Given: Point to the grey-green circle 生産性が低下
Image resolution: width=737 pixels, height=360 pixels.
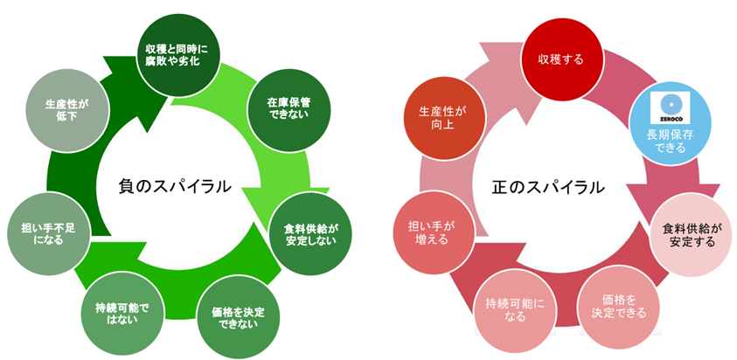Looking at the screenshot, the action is click(68, 110).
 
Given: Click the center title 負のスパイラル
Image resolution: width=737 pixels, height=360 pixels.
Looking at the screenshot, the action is click(174, 187).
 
